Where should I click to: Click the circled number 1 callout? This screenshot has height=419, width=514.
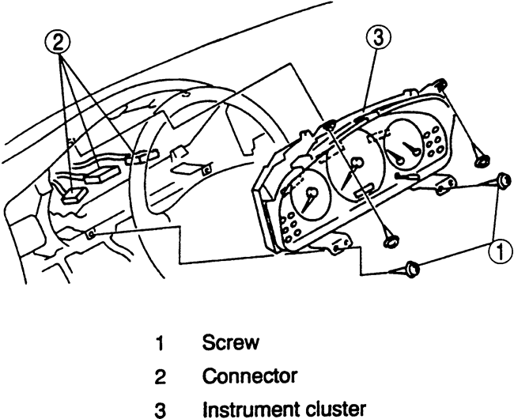point(496,251)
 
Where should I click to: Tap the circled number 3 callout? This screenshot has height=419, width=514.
point(378,39)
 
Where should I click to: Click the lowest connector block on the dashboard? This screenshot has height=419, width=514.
point(75,192)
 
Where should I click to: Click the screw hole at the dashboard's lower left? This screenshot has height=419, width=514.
point(92,234)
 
